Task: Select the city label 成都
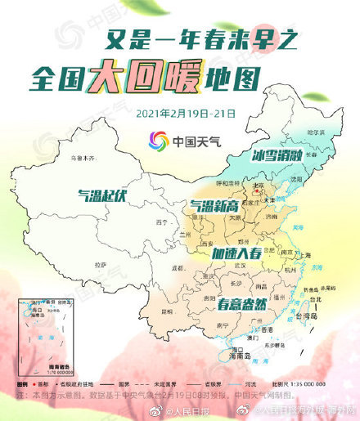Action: point(176,267)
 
